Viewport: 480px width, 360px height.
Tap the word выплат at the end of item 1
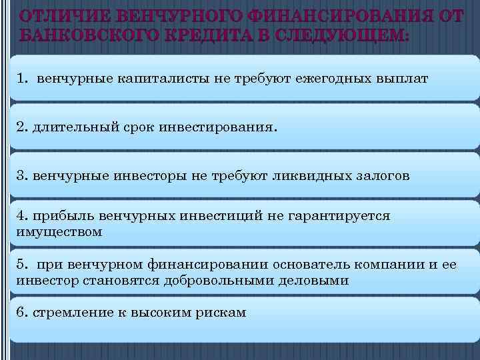coord(401,79)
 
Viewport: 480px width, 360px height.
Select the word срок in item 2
coord(136,127)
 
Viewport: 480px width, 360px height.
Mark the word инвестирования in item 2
coord(215,127)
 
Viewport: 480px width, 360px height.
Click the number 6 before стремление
coord(21,312)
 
